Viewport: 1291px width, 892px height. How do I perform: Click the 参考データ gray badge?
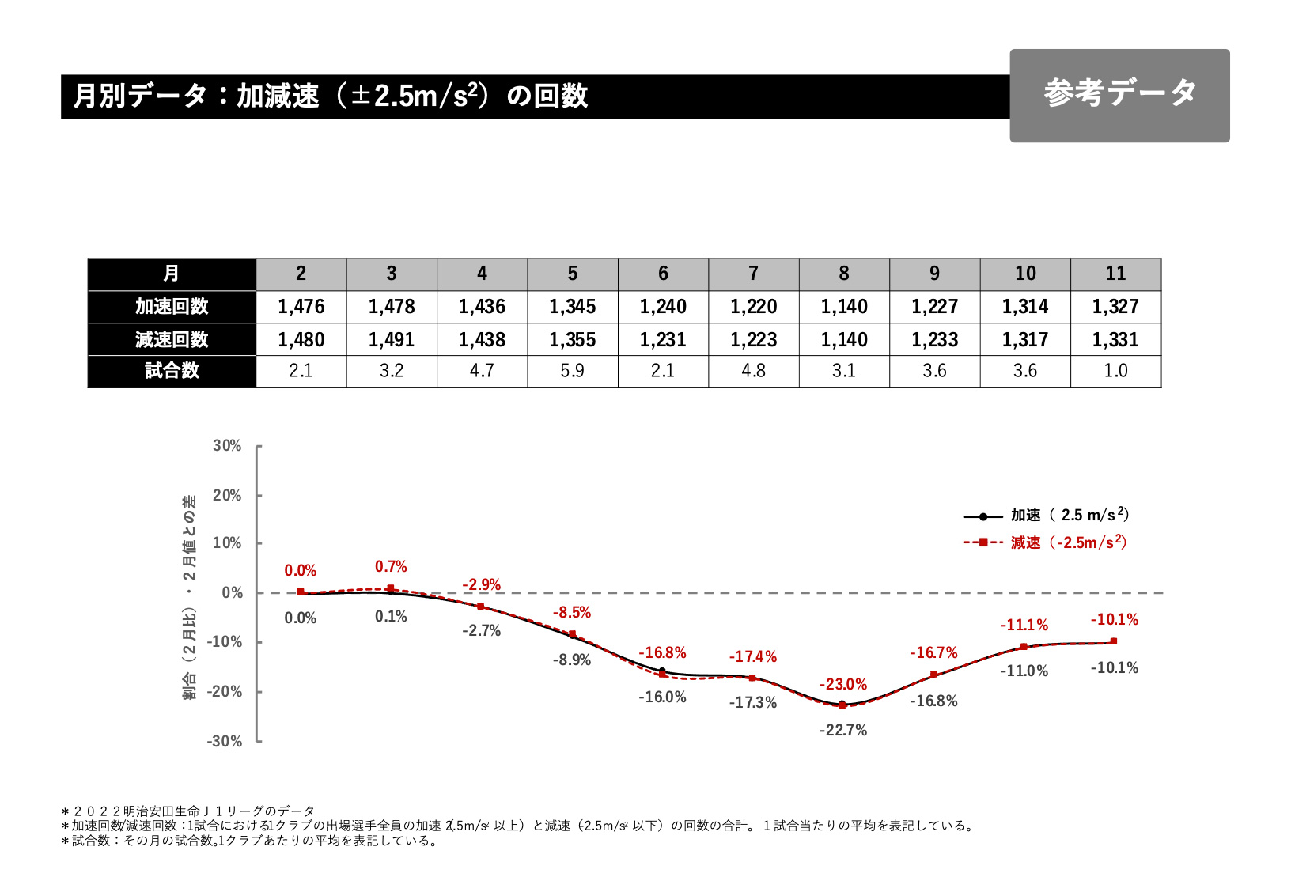(x=1119, y=95)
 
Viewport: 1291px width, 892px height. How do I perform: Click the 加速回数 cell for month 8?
(x=844, y=307)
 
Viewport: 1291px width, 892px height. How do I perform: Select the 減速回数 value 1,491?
(x=392, y=340)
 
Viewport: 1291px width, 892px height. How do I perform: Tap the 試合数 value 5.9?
(x=572, y=371)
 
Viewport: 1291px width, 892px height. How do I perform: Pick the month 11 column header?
(x=1115, y=274)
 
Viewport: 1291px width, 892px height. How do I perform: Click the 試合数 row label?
(x=172, y=371)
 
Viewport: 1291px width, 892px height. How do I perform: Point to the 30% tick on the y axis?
(x=228, y=446)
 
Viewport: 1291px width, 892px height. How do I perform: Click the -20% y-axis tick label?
(x=225, y=692)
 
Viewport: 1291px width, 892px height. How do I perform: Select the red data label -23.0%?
(x=842, y=685)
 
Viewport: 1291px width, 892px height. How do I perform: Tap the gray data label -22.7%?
(x=842, y=731)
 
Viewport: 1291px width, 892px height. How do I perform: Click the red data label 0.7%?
(x=391, y=567)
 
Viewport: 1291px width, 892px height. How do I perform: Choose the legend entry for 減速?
(x=1044, y=542)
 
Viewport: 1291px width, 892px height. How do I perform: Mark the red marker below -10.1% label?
(x=1114, y=641)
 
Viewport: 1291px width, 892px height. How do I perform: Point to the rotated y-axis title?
(x=190, y=597)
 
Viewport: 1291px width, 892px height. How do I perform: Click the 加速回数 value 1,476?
(x=301, y=307)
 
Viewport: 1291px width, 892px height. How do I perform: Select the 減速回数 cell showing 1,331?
(x=1115, y=340)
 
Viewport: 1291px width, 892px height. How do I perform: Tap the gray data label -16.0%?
(x=662, y=697)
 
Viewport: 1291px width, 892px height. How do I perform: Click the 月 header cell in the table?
(x=172, y=274)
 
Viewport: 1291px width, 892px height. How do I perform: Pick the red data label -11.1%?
(x=1024, y=626)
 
